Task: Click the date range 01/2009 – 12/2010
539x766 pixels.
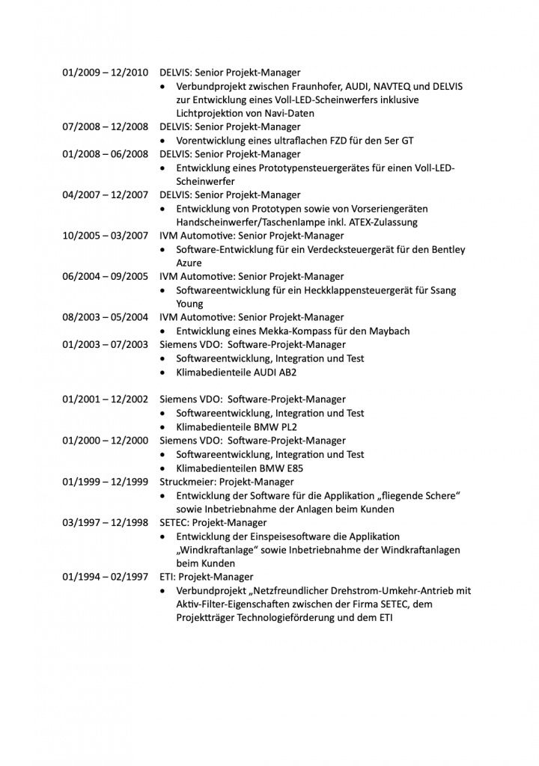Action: pos(105,73)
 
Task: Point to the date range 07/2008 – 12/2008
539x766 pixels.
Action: pos(105,126)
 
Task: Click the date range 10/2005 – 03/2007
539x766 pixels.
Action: pos(105,236)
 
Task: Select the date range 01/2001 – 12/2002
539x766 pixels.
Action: pos(105,399)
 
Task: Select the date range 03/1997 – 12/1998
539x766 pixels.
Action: pos(105,522)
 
